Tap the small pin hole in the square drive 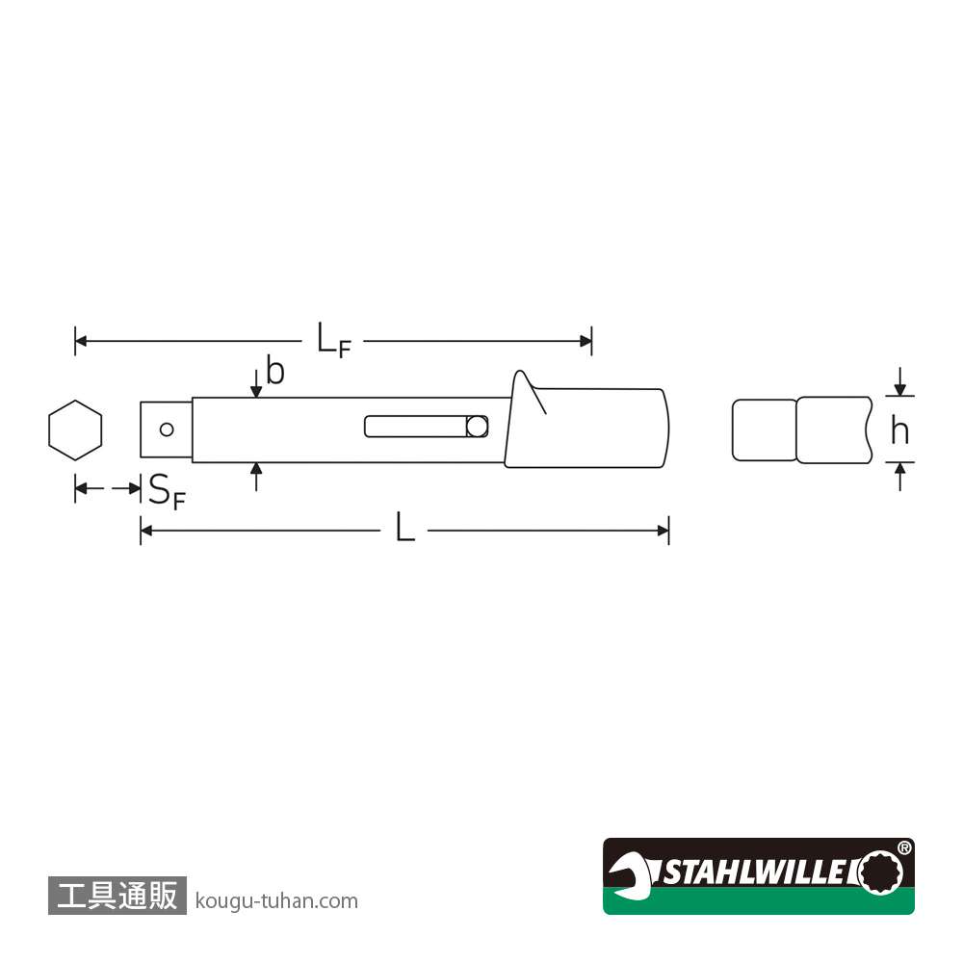[167, 429]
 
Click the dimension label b [275, 371]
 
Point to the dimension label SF [167, 491]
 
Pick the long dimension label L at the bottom [404, 528]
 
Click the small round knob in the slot [477, 427]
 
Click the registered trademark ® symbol [904, 848]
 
